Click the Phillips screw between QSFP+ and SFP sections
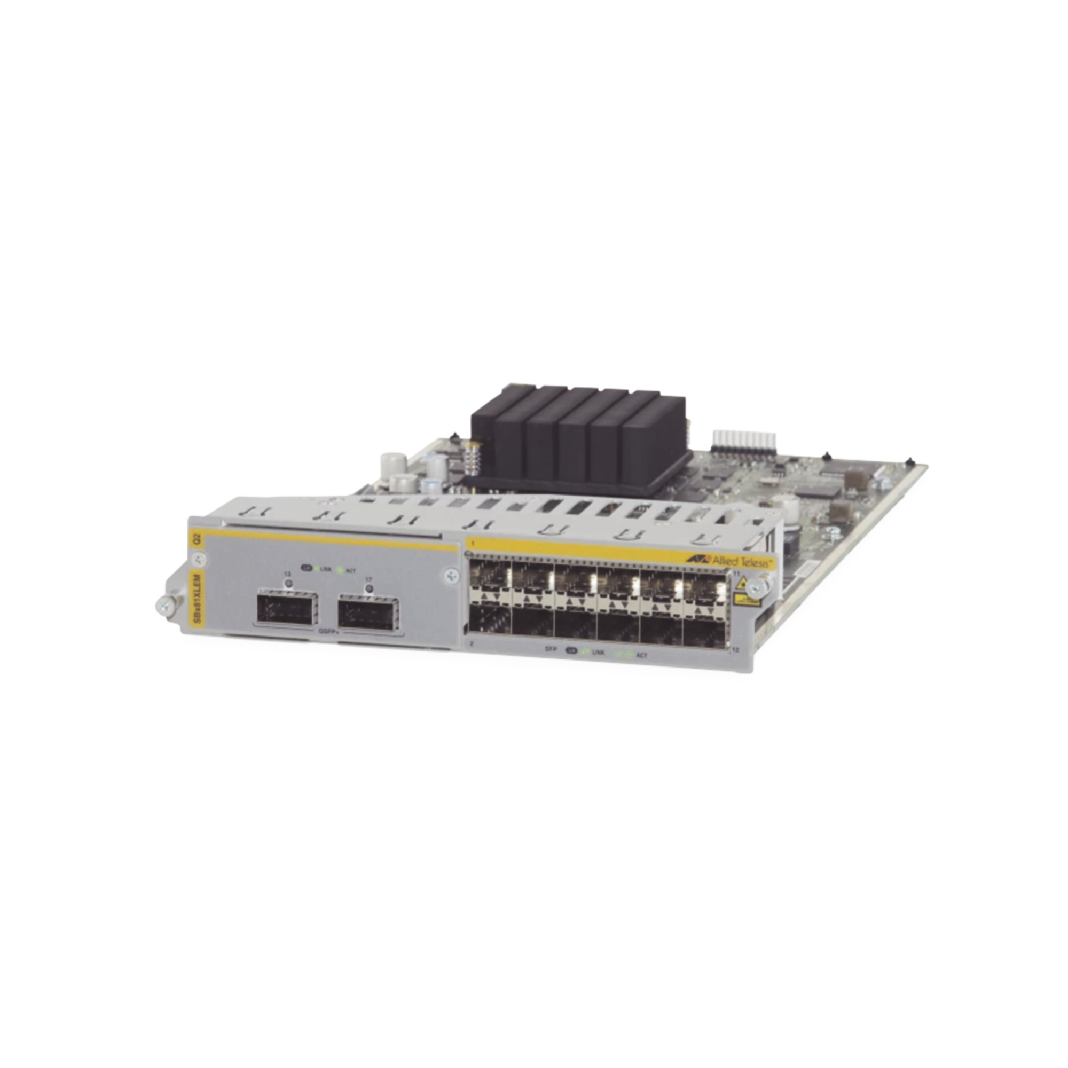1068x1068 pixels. pyautogui.click(x=453, y=576)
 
